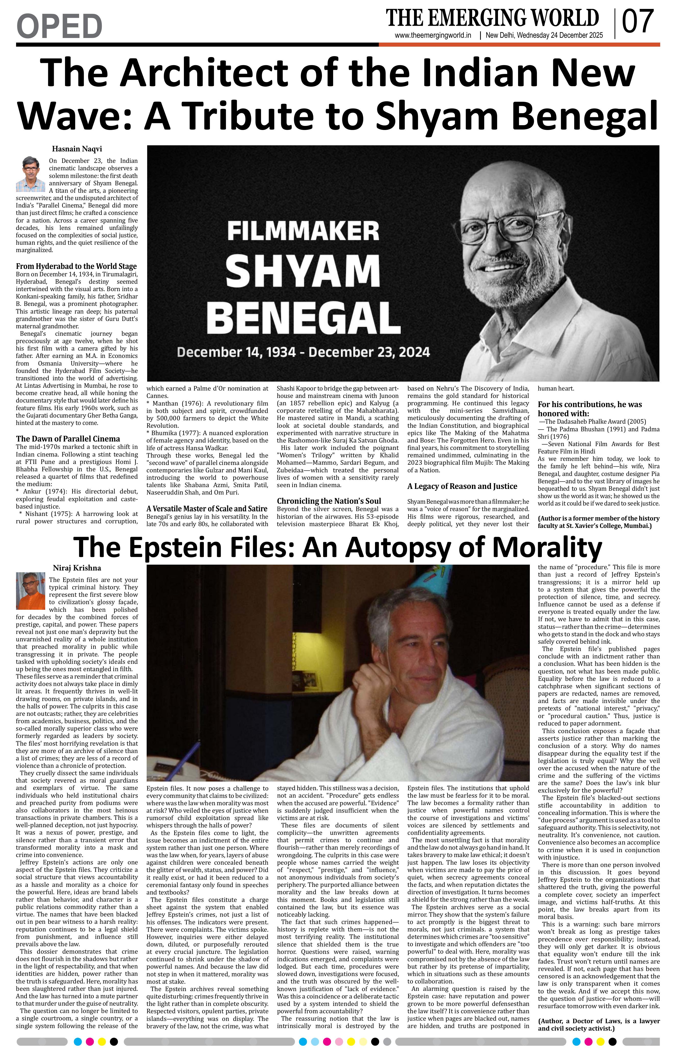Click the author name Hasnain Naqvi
(x=77, y=149)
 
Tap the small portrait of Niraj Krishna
(x=31, y=591)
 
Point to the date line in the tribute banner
(x=303, y=352)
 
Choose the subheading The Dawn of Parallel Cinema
(x=68, y=439)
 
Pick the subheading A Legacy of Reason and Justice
(x=462, y=486)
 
